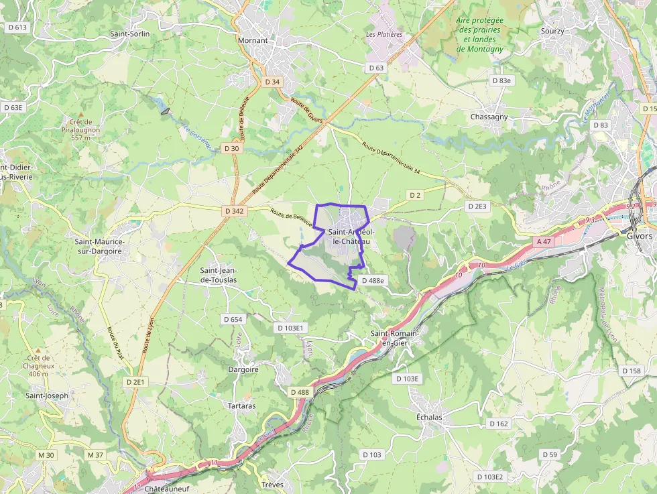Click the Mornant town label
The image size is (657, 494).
(x=253, y=40)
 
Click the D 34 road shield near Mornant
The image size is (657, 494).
(x=272, y=82)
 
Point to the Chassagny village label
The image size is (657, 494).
(x=489, y=117)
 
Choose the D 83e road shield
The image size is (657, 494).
(x=501, y=80)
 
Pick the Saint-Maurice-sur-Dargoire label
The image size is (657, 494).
(x=98, y=246)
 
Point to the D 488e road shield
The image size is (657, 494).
(x=373, y=281)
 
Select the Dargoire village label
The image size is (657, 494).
(x=243, y=369)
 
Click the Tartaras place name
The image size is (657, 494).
(x=241, y=406)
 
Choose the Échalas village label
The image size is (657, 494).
(x=429, y=417)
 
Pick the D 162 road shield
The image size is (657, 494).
(x=499, y=424)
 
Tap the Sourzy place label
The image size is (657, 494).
(x=552, y=31)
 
